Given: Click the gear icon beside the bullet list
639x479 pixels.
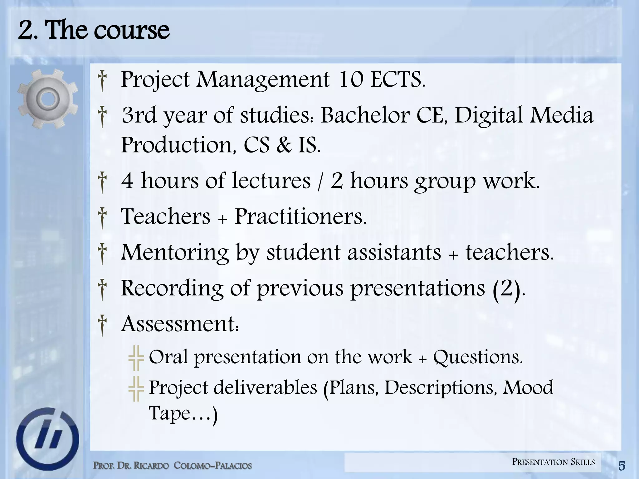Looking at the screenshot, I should (x=47, y=99).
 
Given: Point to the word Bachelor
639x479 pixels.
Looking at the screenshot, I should (x=365, y=115).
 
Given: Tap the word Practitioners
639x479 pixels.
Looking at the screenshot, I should (x=300, y=216).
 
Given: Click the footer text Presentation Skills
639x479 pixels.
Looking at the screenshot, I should (x=554, y=462).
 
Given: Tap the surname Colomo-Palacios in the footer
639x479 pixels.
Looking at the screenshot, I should (x=212, y=466).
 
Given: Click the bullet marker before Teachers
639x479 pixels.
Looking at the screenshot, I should (x=102, y=218).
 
